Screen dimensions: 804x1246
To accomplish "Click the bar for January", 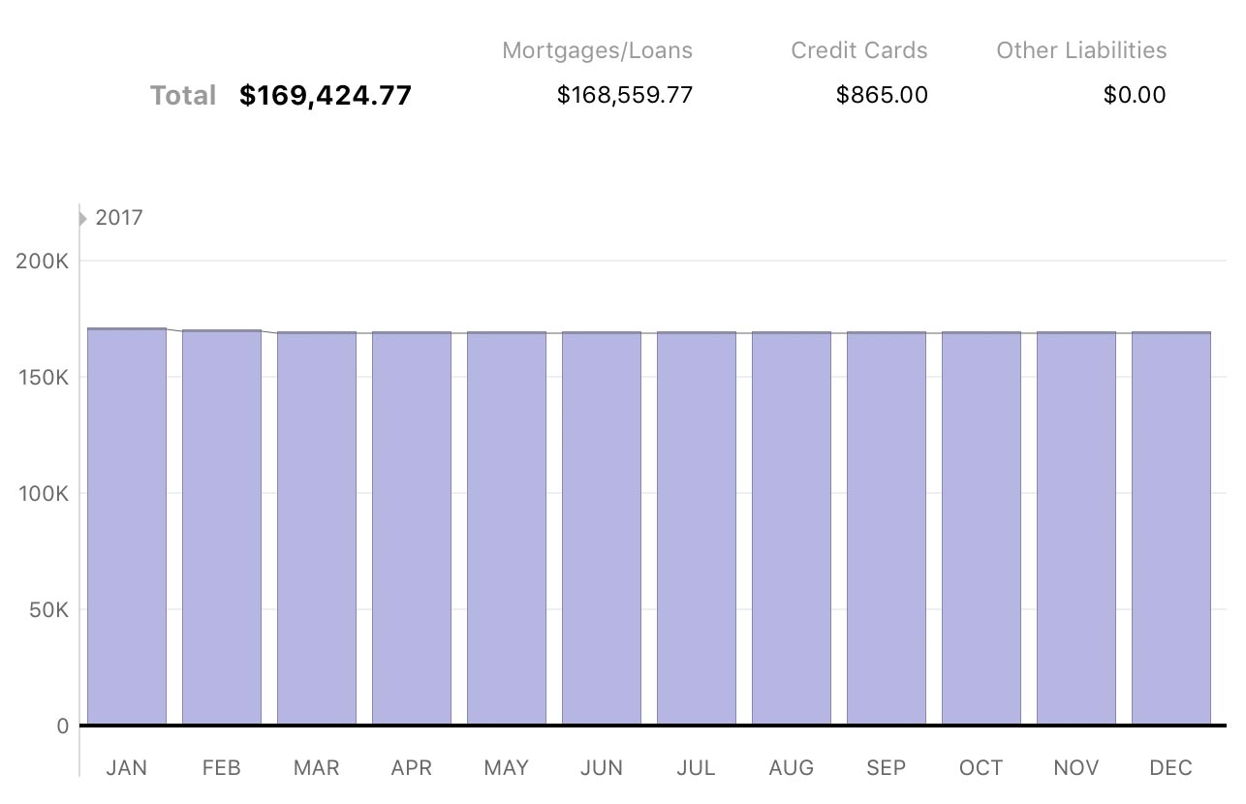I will tap(127, 527).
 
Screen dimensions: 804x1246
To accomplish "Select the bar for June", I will tap(602, 529).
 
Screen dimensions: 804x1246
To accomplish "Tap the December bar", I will tap(1171, 529).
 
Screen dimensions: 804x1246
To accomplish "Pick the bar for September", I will tap(887, 529).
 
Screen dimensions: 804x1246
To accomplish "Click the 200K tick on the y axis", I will tap(43, 262).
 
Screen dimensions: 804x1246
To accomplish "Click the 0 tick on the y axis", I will tap(62, 727).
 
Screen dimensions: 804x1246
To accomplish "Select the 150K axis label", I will tap(43, 378).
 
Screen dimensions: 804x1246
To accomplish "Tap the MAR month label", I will tap(317, 768).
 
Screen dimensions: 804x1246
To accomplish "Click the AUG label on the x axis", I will tap(792, 768).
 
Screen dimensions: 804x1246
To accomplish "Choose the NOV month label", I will tap(1076, 768).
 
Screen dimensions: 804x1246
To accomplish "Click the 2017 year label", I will tap(119, 218).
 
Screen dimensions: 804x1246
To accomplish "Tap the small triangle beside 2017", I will tap(83, 219).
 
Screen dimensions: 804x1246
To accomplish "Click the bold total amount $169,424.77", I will tap(326, 95).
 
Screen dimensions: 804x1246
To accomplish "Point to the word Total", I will tap(183, 95).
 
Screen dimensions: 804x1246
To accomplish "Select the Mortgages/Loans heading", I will tap(597, 50).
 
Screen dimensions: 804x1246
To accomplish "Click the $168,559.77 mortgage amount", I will tap(625, 95).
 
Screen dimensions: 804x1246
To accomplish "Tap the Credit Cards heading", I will tap(858, 50).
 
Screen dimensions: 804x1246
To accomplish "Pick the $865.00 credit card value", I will tap(882, 95).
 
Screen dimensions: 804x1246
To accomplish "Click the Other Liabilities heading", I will tap(1081, 50).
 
